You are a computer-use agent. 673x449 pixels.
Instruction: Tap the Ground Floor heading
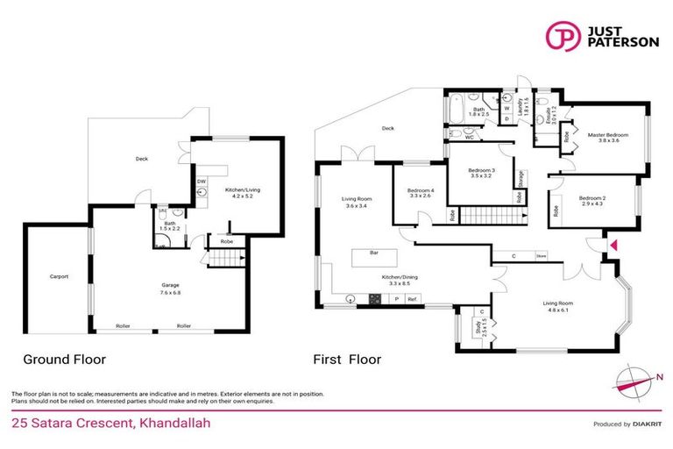(x=64, y=360)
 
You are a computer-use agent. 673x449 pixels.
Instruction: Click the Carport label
(x=59, y=277)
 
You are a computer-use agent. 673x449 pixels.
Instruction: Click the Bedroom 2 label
(x=592, y=202)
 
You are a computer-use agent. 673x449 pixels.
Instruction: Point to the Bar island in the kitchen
(x=373, y=258)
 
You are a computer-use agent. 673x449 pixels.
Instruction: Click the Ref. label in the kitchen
(x=413, y=299)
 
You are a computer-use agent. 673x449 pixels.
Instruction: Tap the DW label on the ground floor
(x=201, y=182)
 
